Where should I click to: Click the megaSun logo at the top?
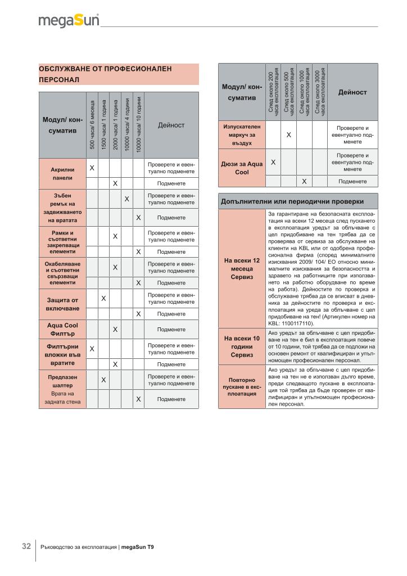click(x=69, y=21)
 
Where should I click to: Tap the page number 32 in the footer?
click(x=26, y=546)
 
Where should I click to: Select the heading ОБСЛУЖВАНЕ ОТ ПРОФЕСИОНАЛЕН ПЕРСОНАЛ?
click(x=105, y=74)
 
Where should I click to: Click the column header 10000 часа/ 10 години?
click(x=138, y=124)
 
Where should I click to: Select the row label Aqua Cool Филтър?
click(x=62, y=330)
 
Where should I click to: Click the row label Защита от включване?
click(x=62, y=304)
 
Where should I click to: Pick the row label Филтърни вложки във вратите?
click(x=62, y=355)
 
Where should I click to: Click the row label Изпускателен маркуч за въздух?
click(x=241, y=135)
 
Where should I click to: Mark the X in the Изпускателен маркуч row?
click(x=288, y=135)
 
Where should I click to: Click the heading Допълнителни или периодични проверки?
click(x=292, y=201)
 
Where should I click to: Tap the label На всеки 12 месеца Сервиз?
click(x=241, y=269)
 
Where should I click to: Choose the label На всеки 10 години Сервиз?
click(x=241, y=346)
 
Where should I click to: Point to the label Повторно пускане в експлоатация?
click(x=241, y=387)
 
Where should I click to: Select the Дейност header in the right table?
click(x=352, y=92)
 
